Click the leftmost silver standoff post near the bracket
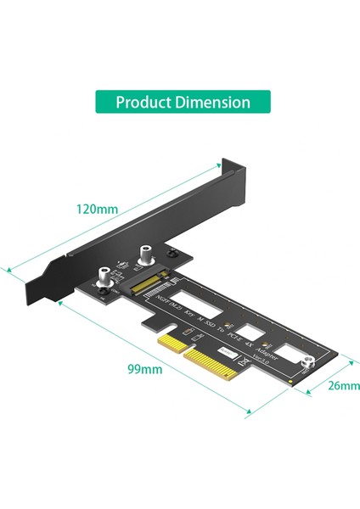(x=104, y=277)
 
